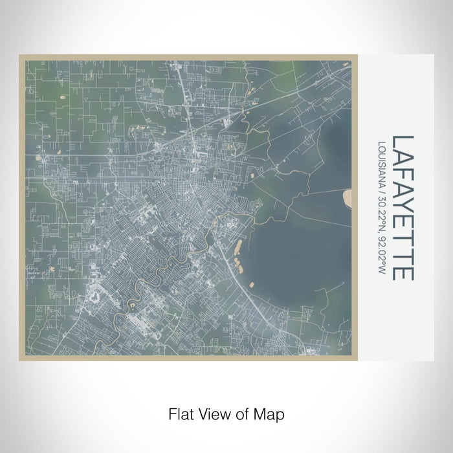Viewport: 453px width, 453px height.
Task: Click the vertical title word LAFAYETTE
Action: [403, 208]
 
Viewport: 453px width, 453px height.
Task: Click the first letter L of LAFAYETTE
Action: [403, 142]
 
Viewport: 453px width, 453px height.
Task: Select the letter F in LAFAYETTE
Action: [403, 173]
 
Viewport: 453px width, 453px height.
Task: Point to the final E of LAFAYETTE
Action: [403, 273]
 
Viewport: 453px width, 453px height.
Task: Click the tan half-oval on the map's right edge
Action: [348, 197]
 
